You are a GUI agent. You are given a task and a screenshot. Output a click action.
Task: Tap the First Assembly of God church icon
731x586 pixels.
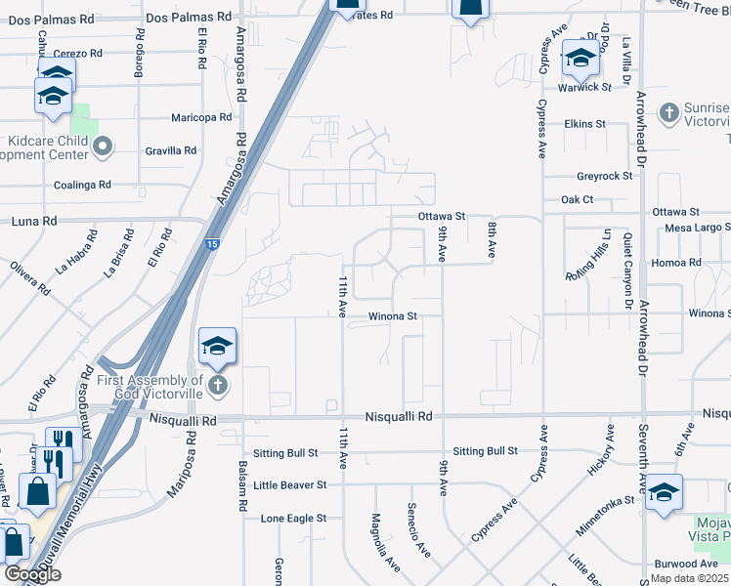[218, 386]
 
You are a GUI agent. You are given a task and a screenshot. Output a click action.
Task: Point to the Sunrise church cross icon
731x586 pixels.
[669, 112]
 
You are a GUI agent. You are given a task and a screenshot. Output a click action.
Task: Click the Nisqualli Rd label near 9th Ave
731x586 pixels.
[398, 416]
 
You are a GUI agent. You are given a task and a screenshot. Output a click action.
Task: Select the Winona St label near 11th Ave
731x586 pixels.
[393, 316]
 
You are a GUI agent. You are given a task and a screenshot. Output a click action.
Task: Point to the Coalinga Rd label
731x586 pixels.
[83, 184]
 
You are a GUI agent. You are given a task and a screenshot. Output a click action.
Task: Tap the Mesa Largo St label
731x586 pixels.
[698, 227]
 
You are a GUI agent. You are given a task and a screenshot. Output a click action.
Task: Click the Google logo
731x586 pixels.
[32, 574]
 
